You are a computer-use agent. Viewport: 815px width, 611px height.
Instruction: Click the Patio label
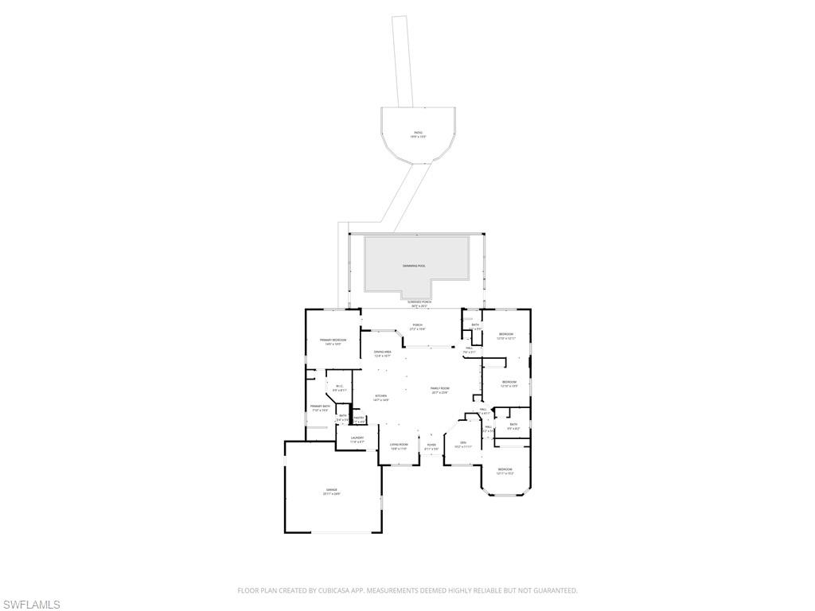418,133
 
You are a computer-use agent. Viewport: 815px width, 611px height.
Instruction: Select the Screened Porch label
419,302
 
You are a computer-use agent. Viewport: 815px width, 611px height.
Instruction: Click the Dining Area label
382,352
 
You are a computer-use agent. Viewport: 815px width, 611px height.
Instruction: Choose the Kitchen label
381,396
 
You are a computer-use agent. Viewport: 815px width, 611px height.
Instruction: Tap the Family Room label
440,388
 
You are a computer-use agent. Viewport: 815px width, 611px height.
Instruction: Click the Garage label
331,490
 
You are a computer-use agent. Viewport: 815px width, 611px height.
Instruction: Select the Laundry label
357,438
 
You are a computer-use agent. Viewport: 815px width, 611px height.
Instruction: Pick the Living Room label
399,445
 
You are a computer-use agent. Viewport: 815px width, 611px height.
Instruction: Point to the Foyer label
431,445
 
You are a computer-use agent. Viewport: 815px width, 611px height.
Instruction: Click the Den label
462,442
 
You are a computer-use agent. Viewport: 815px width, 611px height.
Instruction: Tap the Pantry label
359,418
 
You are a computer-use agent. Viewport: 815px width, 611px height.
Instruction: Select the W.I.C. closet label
339,387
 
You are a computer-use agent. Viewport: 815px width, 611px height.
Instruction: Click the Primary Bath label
320,407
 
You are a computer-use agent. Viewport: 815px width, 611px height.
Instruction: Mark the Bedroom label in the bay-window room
505,469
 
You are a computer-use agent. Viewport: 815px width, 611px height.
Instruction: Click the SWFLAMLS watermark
30,605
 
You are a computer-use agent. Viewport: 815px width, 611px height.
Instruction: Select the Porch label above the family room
417,325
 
